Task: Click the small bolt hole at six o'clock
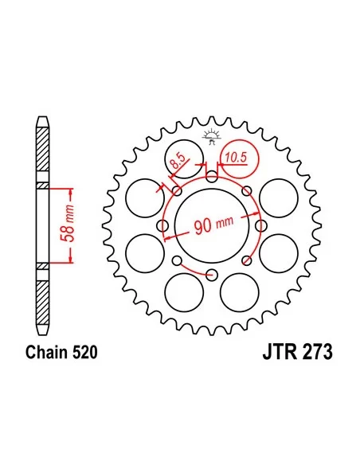[211, 275]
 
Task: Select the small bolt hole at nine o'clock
[162, 226]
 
